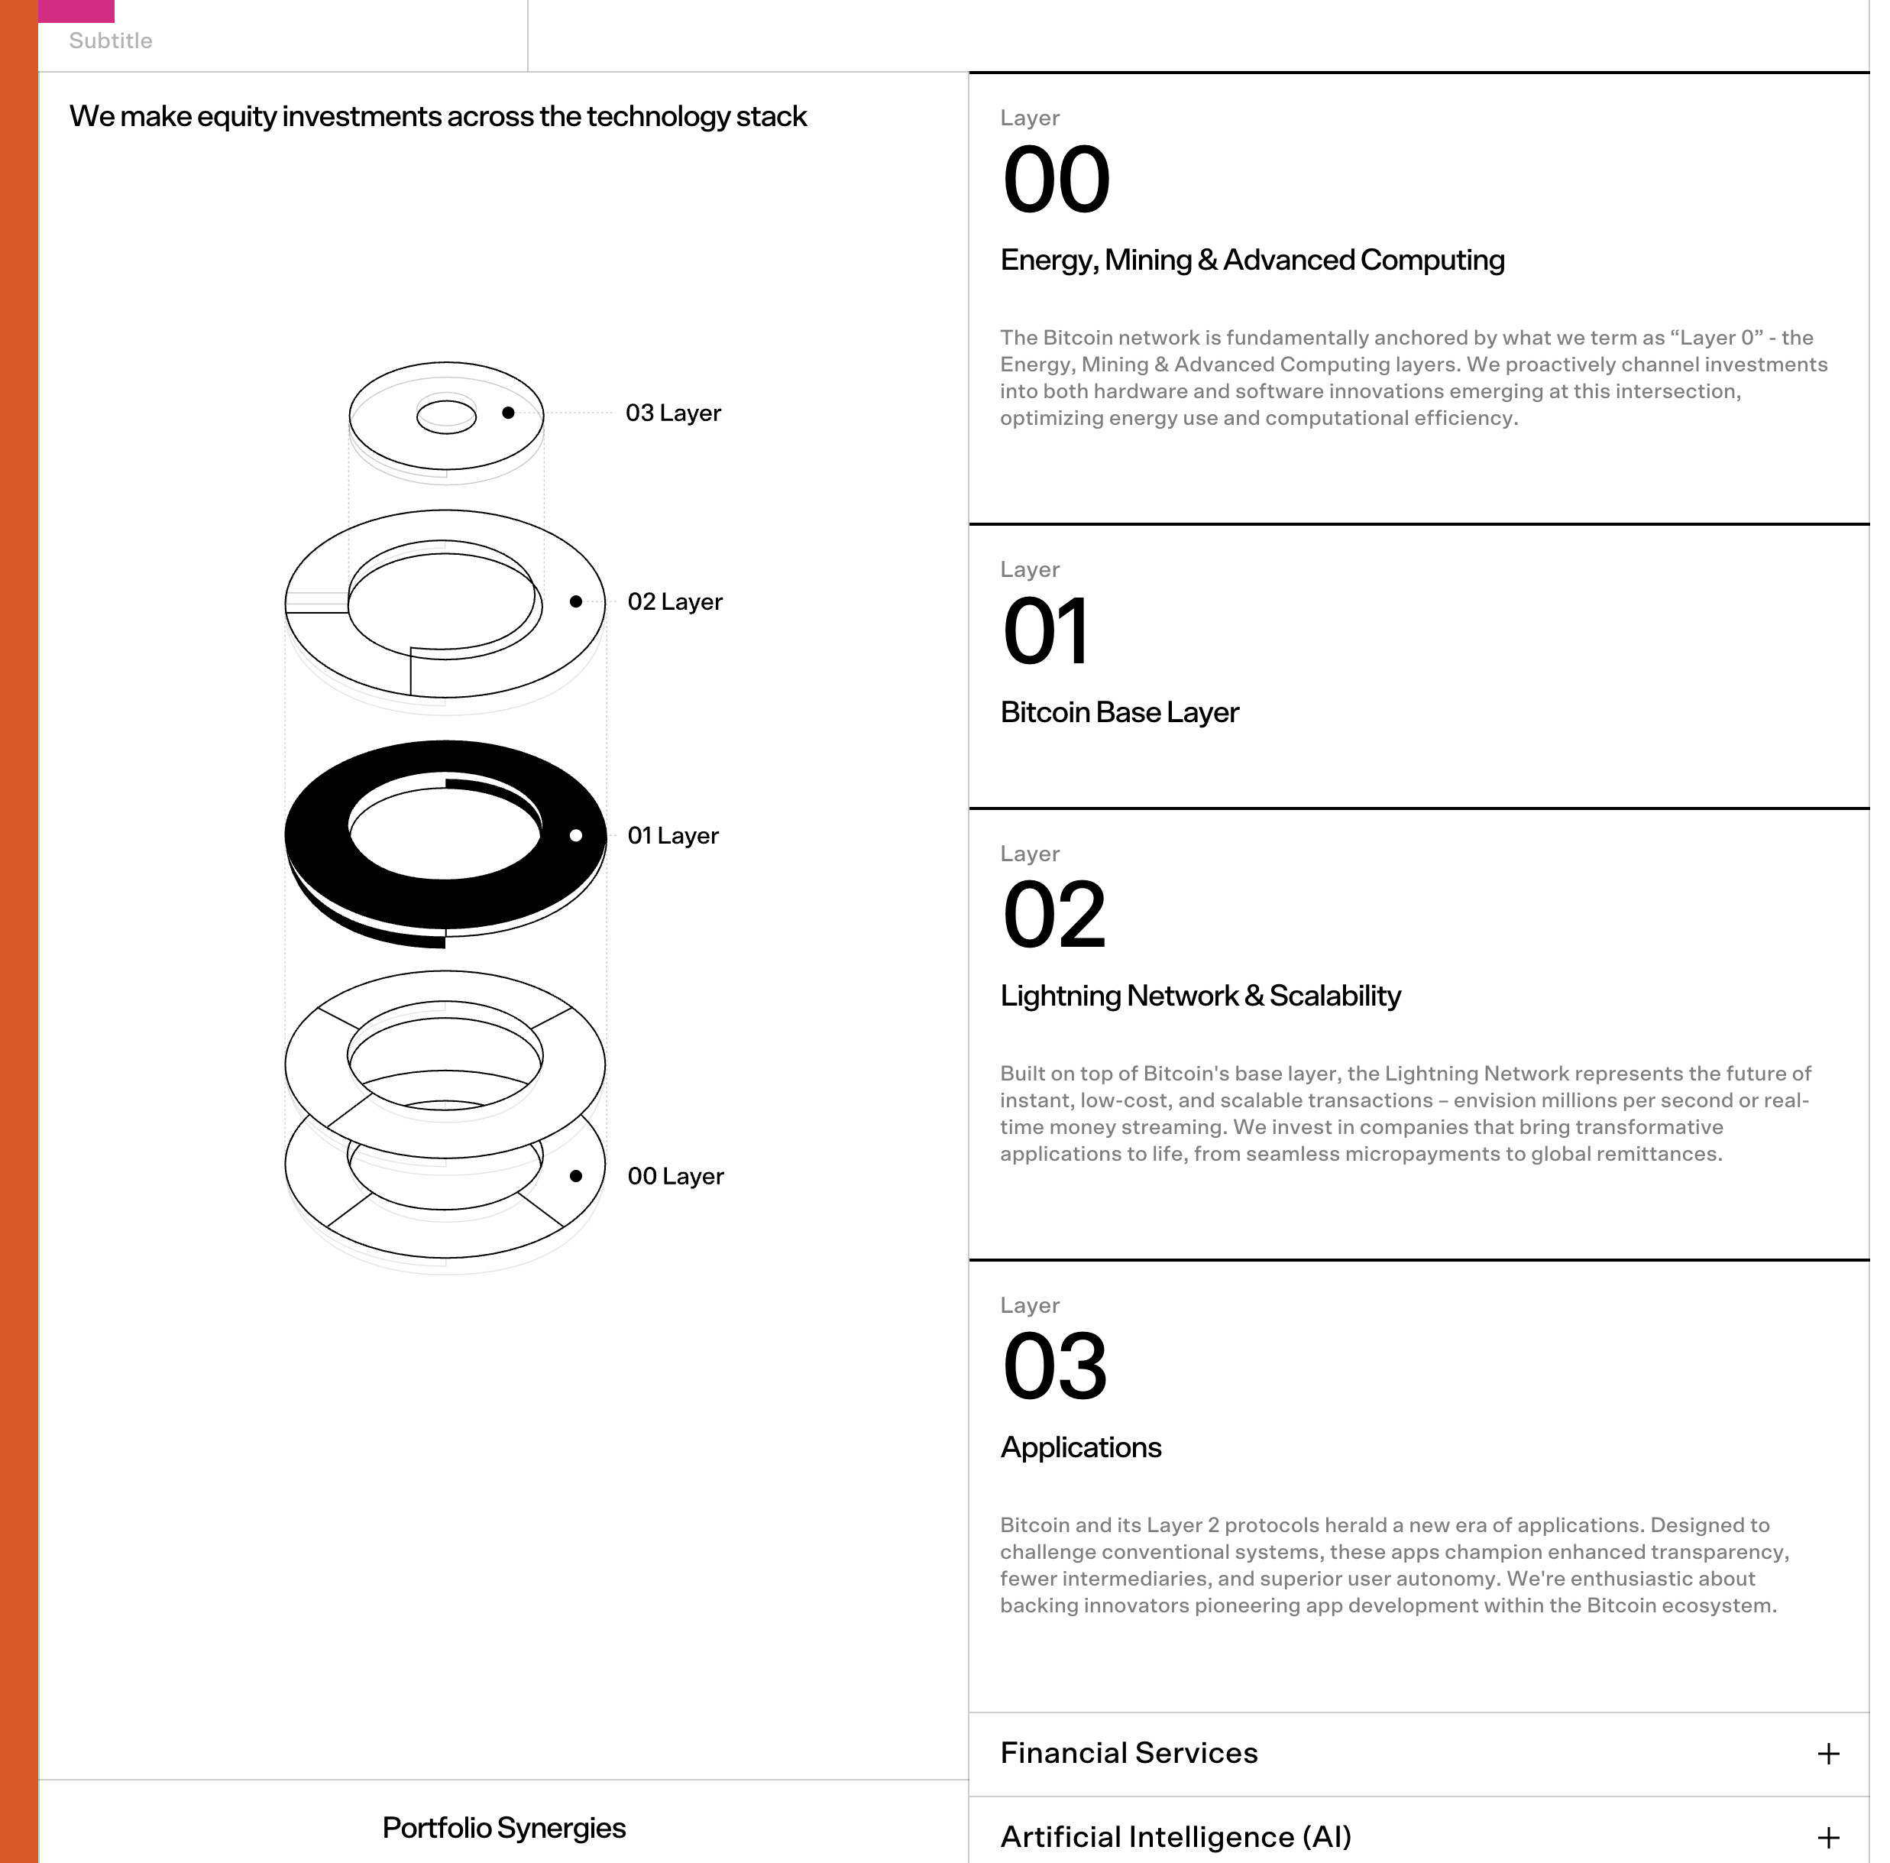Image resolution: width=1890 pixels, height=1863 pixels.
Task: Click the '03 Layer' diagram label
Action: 673,413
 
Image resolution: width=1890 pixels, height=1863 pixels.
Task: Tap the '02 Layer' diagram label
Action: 675,601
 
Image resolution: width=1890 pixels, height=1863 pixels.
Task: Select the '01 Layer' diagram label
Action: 673,836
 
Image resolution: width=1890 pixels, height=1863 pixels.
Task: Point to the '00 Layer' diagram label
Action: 675,1176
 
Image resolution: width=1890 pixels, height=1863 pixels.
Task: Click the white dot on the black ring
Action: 576,836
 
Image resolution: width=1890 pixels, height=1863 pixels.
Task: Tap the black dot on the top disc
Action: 509,413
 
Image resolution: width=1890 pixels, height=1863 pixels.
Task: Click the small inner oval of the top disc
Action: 446,416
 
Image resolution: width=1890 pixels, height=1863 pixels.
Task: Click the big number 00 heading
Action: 1057,180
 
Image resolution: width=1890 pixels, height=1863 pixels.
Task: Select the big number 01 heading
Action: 1045,632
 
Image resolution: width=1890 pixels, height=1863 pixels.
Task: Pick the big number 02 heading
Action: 1053,916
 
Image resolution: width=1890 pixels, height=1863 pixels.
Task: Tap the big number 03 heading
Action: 1054,1367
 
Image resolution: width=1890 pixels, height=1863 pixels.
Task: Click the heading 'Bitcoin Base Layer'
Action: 1119,712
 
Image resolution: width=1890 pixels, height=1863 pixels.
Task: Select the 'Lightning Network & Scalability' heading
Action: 1200,996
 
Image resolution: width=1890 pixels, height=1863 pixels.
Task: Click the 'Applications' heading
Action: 1081,1447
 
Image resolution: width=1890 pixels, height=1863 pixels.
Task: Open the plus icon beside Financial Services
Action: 1827,1754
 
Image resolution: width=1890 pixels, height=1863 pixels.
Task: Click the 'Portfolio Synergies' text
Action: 503,1828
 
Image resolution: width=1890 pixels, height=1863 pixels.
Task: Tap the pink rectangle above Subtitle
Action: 76,10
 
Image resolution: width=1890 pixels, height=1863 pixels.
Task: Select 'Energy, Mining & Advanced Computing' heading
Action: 1252,261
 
